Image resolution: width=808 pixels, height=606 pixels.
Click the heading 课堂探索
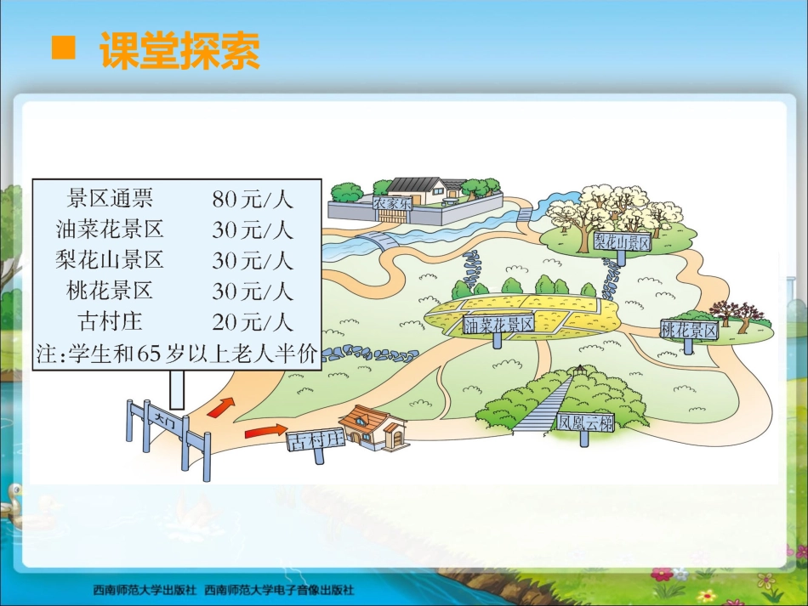[179, 51]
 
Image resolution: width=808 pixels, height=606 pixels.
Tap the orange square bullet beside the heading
[65, 48]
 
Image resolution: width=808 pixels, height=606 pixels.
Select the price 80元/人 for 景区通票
[253, 200]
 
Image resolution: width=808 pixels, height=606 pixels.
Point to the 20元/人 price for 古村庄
[253, 322]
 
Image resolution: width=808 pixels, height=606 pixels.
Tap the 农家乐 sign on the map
[392, 203]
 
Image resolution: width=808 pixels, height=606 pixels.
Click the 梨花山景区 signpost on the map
[622, 243]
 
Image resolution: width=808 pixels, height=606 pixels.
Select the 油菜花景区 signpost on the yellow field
[499, 325]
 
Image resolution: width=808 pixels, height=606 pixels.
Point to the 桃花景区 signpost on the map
[689, 331]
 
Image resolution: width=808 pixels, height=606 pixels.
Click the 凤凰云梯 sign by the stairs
[586, 422]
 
